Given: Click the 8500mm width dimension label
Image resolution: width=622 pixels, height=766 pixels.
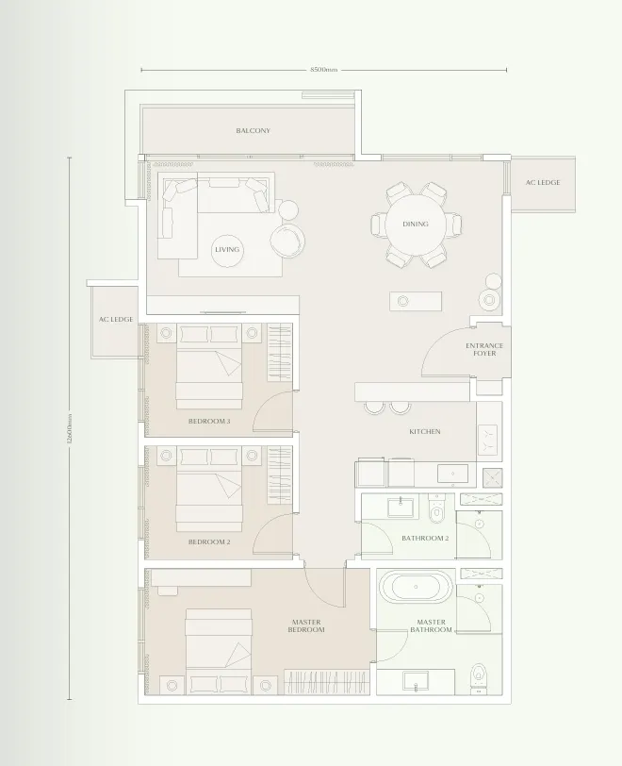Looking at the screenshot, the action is click(323, 70).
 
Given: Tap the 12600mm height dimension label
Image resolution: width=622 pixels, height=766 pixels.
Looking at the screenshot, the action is click(70, 428).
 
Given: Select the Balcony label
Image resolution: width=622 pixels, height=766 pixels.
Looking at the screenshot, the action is click(253, 130).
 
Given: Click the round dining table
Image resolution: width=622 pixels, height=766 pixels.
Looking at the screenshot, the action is click(416, 225).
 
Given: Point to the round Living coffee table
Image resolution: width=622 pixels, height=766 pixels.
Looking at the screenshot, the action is click(227, 250).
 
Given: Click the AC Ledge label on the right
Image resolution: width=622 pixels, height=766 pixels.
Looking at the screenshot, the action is click(543, 182).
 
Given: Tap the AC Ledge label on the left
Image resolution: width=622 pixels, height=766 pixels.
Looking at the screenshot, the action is click(116, 319).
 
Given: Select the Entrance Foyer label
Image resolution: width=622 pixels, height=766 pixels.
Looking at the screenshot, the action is click(484, 349).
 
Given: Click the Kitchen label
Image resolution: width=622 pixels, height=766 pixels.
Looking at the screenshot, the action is click(425, 431).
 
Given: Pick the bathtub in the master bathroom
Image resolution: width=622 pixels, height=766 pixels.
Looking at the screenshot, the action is click(416, 587).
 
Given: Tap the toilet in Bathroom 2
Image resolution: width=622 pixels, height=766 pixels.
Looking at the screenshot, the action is click(436, 509).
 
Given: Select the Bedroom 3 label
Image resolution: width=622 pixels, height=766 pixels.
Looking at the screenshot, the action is click(209, 421).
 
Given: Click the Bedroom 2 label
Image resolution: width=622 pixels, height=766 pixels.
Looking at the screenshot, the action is click(209, 541).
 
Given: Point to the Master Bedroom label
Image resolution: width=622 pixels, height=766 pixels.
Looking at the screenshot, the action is click(306, 625).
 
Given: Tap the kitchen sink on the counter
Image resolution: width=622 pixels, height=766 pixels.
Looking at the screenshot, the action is click(452, 474).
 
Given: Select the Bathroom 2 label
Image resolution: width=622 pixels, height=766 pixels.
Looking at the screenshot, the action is click(425, 538).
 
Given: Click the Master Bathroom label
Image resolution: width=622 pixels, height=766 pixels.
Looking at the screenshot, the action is click(431, 625).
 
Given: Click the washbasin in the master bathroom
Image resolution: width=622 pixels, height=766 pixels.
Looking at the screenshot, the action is click(416, 680).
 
